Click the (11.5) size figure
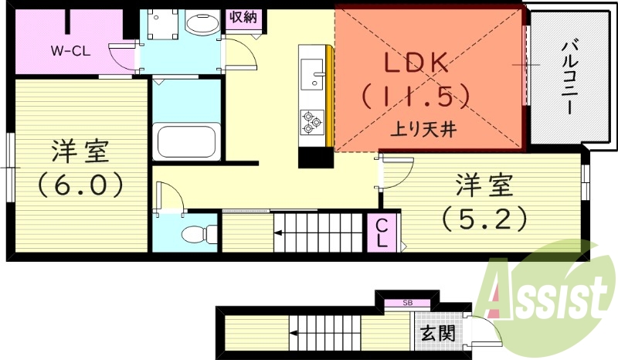pyautogui.click(x=416, y=96)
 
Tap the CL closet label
pyautogui.click(x=382, y=233)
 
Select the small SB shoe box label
pyautogui.click(x=407, y=304)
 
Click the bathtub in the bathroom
pyautogui.click(x=186, y=141)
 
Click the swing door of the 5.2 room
pyautogui.click(x=396, y=172)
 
